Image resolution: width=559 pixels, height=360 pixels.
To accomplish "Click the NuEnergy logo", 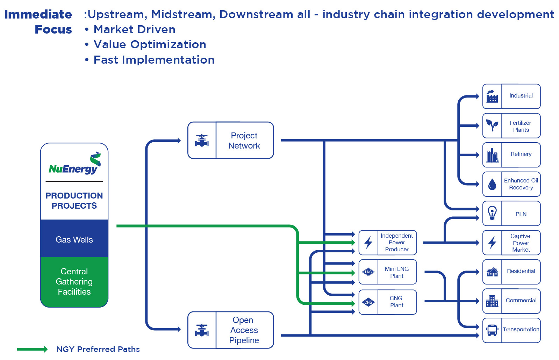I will tap(74, 164).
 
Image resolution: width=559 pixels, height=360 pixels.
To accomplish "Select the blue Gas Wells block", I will tap(74, 239).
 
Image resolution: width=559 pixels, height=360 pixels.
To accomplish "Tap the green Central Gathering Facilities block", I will tap(74, 282).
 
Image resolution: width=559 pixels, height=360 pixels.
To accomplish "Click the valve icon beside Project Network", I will tap(202, 141).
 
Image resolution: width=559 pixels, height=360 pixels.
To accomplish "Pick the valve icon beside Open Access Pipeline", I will tap(202, 330).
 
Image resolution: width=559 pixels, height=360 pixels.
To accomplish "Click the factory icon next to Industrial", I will tap(492, 96).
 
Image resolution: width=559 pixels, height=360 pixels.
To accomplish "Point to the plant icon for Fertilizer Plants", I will tap(492, 125).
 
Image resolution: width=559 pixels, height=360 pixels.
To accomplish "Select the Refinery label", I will tap(521, 154).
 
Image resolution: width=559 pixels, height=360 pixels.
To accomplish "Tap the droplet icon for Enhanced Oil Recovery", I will tap(492, 184).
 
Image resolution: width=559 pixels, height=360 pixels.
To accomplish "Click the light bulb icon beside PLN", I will tap(492, 213).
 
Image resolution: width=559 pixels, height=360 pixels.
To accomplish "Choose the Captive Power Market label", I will tap(521, 243).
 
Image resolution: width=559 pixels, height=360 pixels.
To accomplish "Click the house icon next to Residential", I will tap(492, 272).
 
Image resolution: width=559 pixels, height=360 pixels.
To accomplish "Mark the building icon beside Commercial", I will tap(492, 301).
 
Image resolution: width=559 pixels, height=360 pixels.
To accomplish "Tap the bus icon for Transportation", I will tap(492, 330).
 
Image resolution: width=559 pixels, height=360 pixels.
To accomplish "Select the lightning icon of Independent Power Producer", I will tap(368, 243).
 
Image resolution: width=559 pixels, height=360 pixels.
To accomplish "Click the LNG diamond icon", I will tap(368, 272).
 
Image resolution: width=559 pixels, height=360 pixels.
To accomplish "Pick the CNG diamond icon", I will tap(368, 302).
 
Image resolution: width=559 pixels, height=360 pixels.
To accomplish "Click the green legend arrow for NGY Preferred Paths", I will tap(32, 349).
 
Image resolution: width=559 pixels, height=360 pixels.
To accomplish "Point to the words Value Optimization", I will tap(150, 44).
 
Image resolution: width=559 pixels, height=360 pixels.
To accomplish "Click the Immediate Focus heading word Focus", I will tap(53, 29).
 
